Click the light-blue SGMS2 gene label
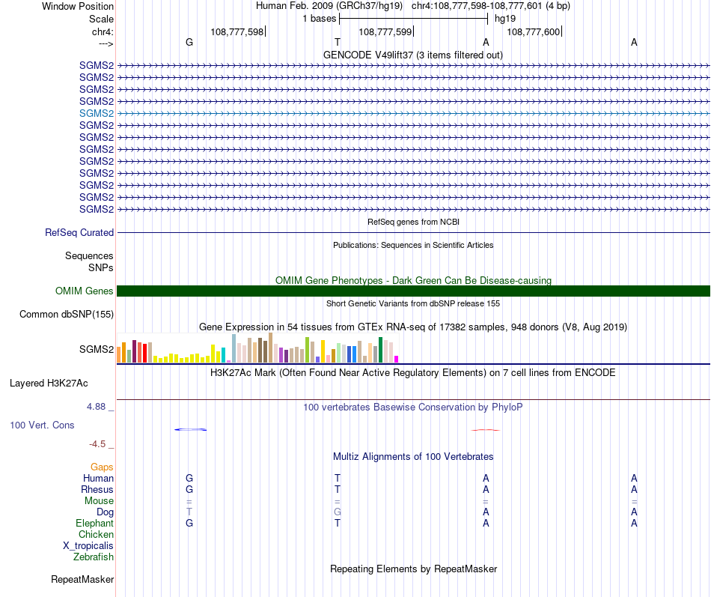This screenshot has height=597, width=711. [x=97, y=113]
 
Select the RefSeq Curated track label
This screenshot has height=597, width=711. [x=79, y=233]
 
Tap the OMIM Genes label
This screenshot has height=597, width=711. [x=85, y=291]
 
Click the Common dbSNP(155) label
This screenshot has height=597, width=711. [x=67, y=315]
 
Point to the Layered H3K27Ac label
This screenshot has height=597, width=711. [x=49, y=384]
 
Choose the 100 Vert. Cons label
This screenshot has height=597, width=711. [x=42, y=425]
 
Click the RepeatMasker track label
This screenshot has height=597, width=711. [x=82, y=580]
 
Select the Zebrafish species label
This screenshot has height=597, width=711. [x=94, y=557]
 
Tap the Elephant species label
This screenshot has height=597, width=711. [x=94, y=524]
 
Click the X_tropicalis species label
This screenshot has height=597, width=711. [x=88, y=546]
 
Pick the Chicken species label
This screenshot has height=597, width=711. [x=96, y=535]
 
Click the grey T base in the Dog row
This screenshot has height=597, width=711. [x=189, y=512]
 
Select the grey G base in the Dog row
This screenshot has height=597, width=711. [x=338, y=512]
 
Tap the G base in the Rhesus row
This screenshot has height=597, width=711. [x=189, y=490]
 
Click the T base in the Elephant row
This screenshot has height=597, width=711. [x=338, y=524]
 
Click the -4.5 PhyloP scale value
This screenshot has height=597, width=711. [x=100, y=443]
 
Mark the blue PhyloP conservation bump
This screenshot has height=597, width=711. [x=190, y=429]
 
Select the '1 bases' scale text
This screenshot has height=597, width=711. [x=320, y=19]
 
